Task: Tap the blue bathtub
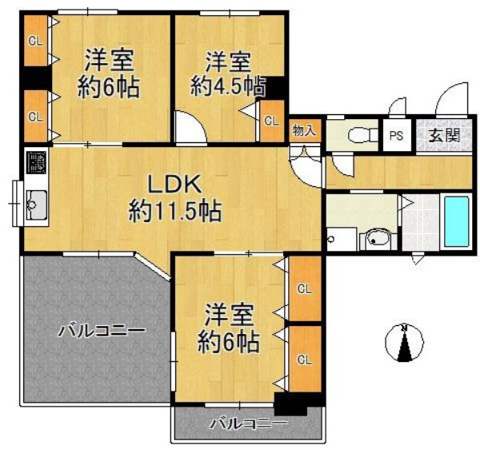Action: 457,221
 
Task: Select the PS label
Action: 397,135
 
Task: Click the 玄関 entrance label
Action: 445,135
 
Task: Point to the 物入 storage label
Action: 304,131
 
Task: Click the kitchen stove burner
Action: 36,163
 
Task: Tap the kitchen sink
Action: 37,205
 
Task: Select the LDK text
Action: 174,184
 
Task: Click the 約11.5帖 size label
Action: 174,211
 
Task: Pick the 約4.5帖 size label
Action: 228,86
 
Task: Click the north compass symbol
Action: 404,342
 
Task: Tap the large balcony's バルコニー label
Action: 101,331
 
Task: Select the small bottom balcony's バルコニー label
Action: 249,423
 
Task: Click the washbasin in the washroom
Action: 378,239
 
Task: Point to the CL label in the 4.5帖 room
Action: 272,121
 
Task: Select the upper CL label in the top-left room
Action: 35,41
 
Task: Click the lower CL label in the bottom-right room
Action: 305,360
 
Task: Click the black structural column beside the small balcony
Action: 290,404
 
